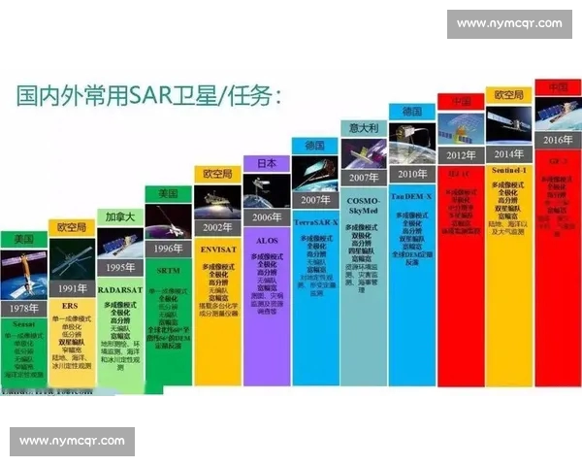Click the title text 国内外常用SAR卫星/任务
150,96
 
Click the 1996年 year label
169,247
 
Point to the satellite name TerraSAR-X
315,222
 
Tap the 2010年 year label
411,175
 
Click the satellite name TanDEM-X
411,195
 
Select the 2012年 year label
460,154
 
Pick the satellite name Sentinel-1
508,171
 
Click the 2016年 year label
557,140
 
